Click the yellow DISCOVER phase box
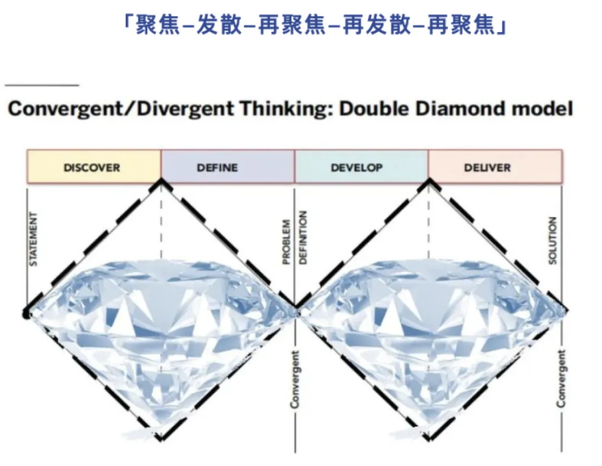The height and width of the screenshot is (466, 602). [94, 167]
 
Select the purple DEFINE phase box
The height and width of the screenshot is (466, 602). [227, 167]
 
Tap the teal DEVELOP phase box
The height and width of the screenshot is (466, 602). [361, 167]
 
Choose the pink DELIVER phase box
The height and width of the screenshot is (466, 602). [495, 167]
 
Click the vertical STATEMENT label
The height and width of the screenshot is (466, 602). [33, 239]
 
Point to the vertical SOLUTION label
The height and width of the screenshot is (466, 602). [553, 241]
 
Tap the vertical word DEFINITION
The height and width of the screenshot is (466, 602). [303, 237]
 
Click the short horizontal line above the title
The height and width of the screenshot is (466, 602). [42, 85]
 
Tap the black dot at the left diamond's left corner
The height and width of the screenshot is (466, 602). [26, 314]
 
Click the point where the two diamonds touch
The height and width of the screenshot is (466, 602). [295, 307]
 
